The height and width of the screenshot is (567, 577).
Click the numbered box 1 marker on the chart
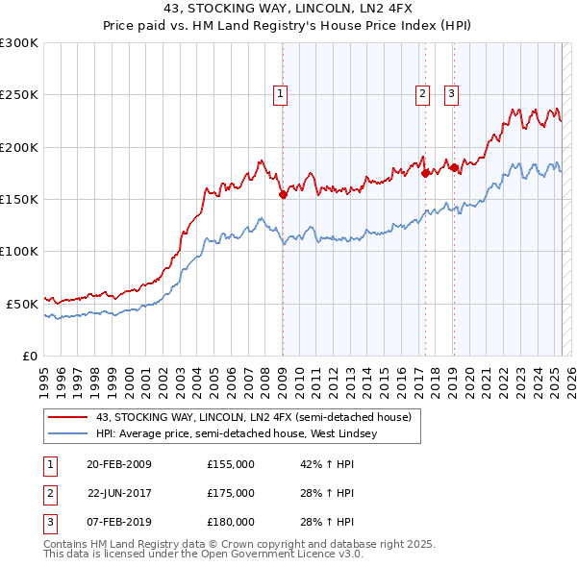pos(280,94)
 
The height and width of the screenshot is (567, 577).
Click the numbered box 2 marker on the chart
pos(422,94)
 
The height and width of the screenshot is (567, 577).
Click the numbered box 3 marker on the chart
pos(451,94)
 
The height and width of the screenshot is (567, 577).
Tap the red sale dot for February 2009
pos(283,194)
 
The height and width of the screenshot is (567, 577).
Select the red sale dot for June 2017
pos(425,173)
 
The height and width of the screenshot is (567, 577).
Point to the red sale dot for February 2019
pos(454,168)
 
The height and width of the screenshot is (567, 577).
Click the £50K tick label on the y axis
pos(22,304)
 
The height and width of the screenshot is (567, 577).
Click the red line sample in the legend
pos(66,417)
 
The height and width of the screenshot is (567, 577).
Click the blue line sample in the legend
pos(66,434)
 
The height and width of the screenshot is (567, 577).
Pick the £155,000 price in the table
pos(231,464)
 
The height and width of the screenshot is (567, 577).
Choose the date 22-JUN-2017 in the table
pos(119,493)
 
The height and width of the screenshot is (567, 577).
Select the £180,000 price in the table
pos(231,522)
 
